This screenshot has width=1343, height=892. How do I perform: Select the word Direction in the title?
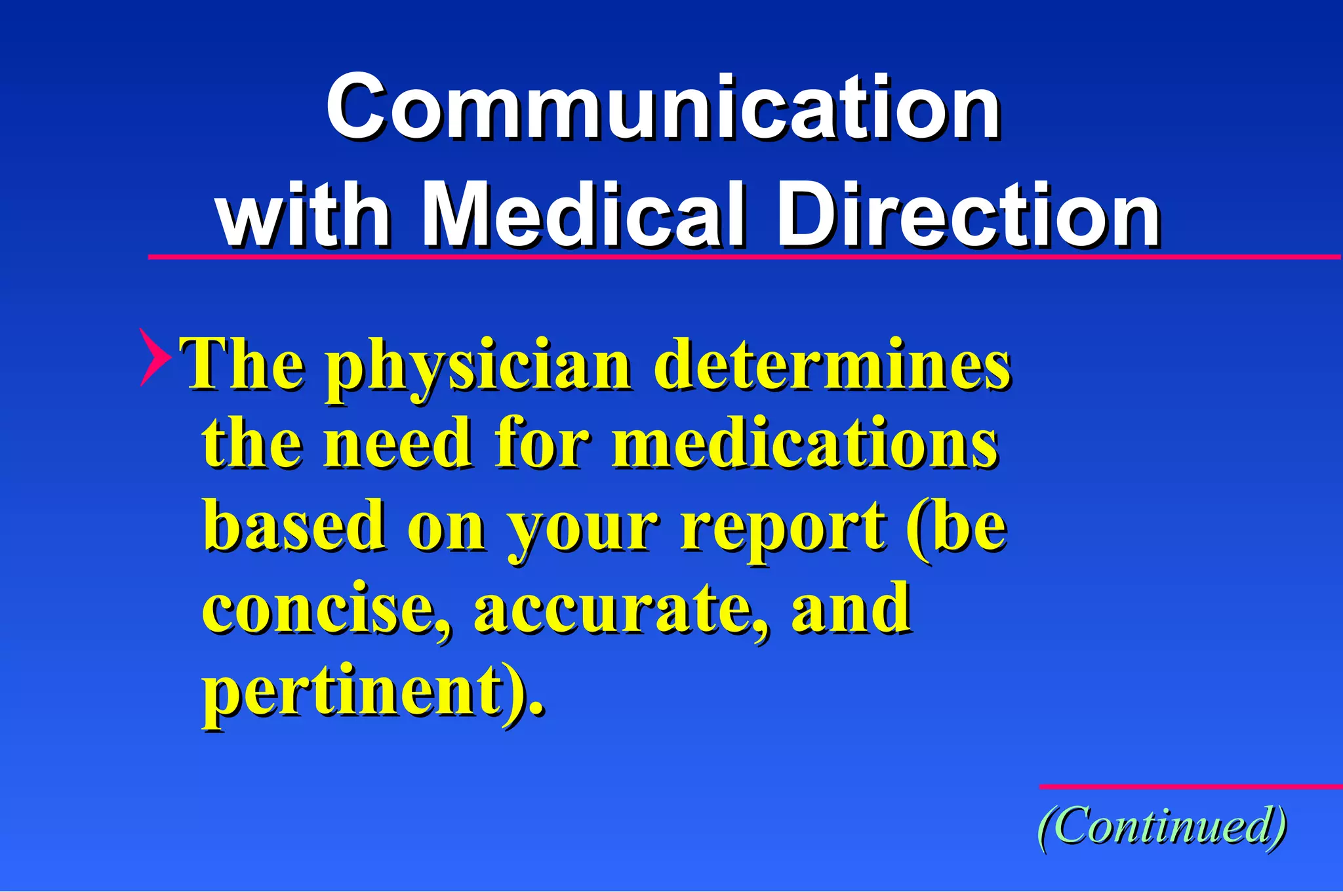(968, 215)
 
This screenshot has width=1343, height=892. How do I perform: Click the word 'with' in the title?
(303, 215)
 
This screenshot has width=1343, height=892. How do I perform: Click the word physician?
(479, 367)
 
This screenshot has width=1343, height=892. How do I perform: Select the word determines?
(832, 364)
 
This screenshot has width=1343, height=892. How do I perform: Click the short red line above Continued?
(1190, 786)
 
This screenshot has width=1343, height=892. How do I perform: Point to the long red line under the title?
(744, 257)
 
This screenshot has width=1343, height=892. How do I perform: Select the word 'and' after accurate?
(851, 608)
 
